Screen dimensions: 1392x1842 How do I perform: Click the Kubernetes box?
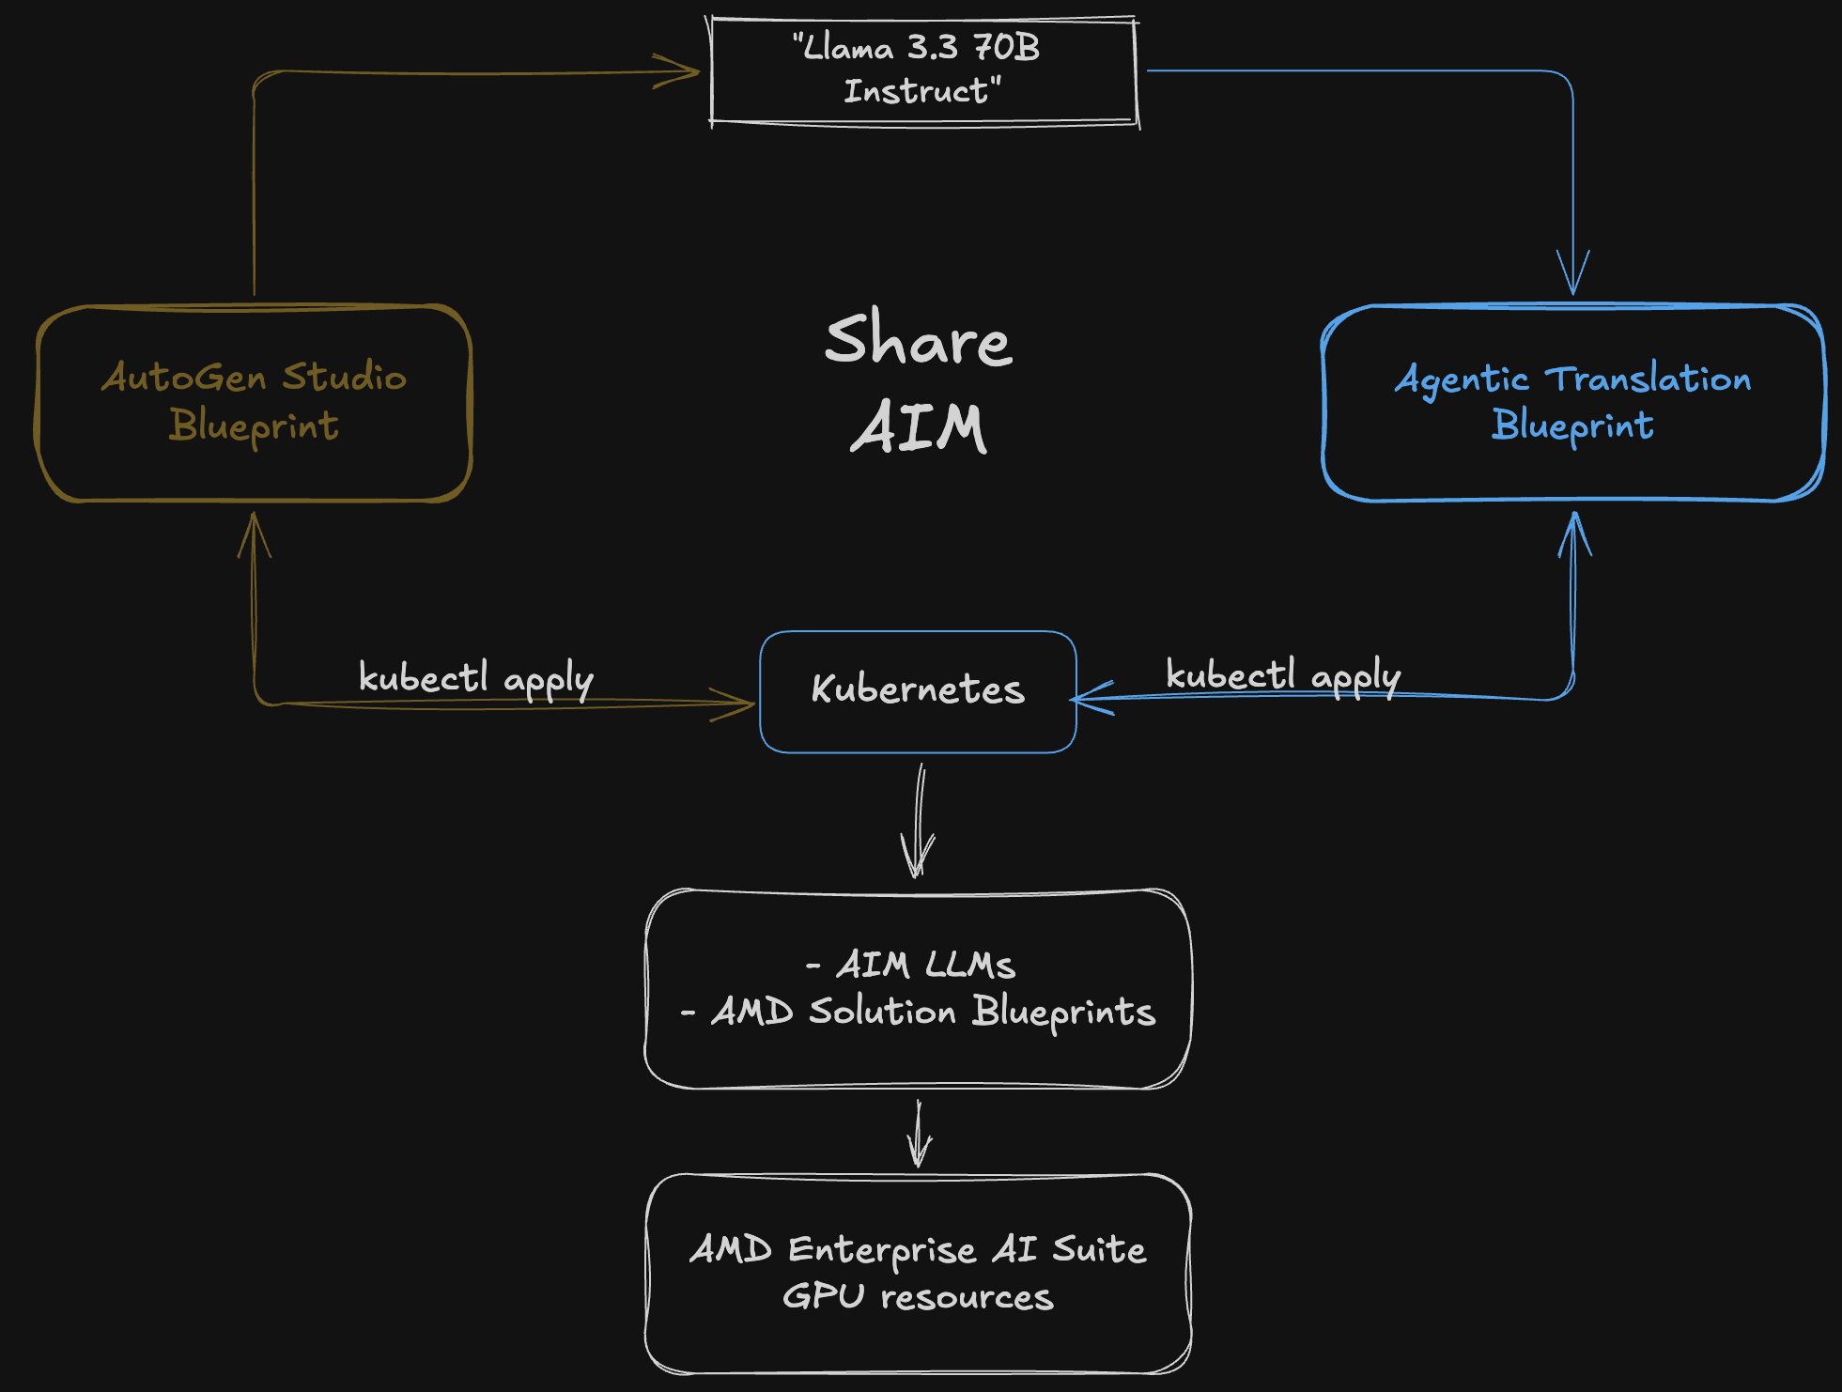coord(918,691)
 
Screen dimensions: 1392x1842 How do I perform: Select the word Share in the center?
coord(918,340)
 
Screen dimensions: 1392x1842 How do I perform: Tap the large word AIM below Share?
coord(918,428)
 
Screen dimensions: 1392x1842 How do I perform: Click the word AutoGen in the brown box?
coord(184,378)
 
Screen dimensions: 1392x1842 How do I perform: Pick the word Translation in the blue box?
coord(1649,379)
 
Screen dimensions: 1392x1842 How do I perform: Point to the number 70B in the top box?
coord(1006,47)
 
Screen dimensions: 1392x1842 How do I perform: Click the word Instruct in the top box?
coord(917,91)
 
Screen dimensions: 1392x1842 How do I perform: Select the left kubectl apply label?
coord(475,678)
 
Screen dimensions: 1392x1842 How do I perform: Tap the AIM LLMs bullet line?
coord(912,965)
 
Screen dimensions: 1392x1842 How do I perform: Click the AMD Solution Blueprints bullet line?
coord(918,1012)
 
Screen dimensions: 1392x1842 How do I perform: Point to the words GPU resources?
coord(918,1297)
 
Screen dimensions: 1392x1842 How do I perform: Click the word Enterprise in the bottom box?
coord(882,1250)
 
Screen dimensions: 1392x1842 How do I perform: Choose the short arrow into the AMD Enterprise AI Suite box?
coord(919,1135)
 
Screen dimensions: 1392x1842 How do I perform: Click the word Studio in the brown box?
coord(344,378)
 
